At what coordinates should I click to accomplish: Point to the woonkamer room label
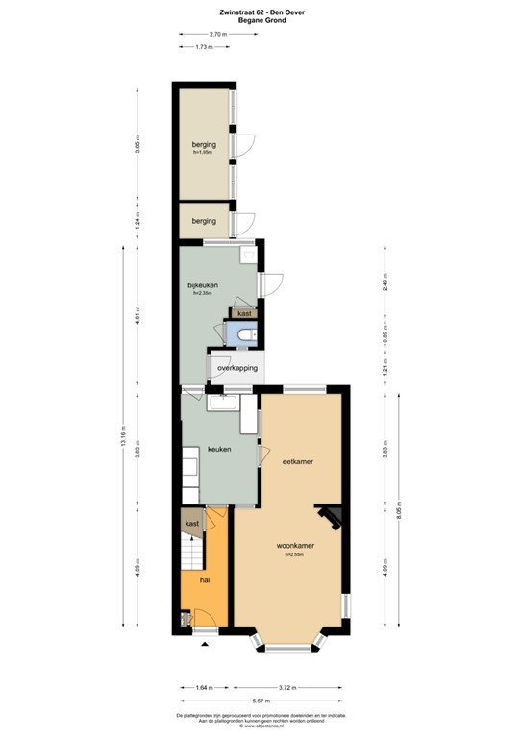[301, 545]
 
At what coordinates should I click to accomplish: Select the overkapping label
[236, 368]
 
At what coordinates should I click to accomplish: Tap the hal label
[204, 580]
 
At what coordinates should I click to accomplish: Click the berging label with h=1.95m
[203, 144]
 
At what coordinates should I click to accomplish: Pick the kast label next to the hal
[192, 523]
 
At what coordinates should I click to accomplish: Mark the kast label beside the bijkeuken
[244, 313]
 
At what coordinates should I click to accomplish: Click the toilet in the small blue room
[248, 333]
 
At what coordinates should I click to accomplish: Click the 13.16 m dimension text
[123, 436]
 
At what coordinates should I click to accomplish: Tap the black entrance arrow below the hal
[203, 645]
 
